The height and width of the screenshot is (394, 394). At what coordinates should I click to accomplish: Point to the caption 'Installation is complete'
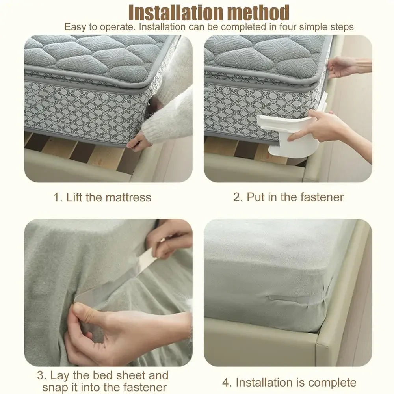(x=289, y=382)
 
